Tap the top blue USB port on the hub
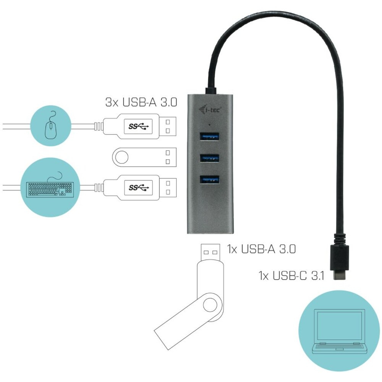209,136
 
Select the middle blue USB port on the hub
209,158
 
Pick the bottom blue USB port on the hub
209,180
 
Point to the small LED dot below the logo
209,125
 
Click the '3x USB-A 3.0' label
141,102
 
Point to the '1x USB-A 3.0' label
261,249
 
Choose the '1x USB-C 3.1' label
291,276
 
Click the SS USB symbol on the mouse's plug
138,126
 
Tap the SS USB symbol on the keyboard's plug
138,188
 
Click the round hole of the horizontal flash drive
121,157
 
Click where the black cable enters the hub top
211,91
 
